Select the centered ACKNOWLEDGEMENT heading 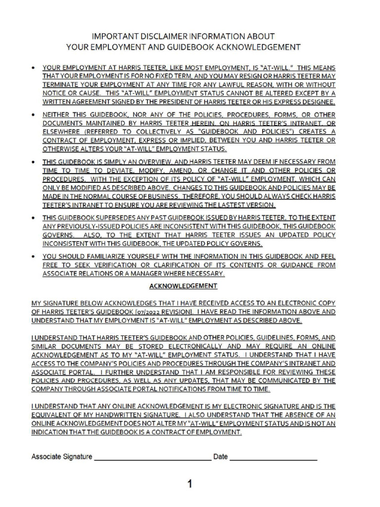(184, 286)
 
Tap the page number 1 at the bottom (190, 484)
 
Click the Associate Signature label (62, 456)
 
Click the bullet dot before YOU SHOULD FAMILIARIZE (33, 257)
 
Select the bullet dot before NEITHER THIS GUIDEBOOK (33, 115)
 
